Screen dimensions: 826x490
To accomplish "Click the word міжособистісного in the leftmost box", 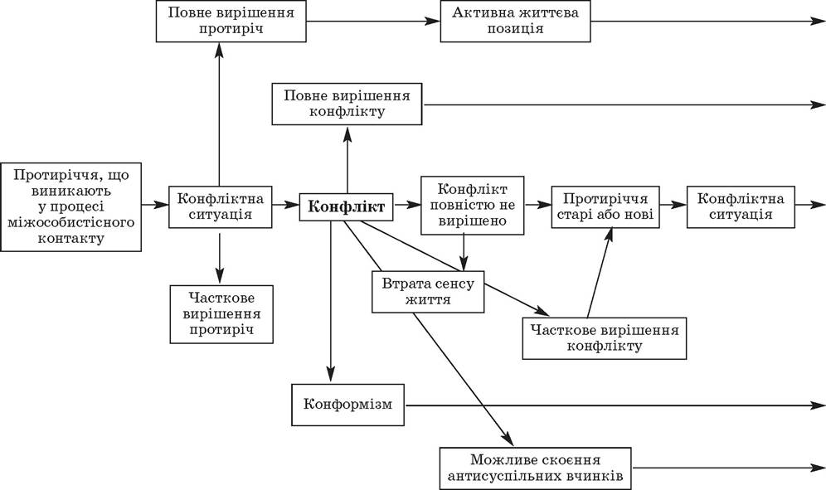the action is tap(71, 222).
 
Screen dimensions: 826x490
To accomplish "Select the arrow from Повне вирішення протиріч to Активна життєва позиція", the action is tap(373, 21).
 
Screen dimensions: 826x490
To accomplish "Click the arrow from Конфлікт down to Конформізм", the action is tap(331, 301).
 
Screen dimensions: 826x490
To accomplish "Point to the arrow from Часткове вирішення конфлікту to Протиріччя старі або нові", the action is tap(600, 273).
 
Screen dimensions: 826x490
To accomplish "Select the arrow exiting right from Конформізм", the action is tap(615, 405).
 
